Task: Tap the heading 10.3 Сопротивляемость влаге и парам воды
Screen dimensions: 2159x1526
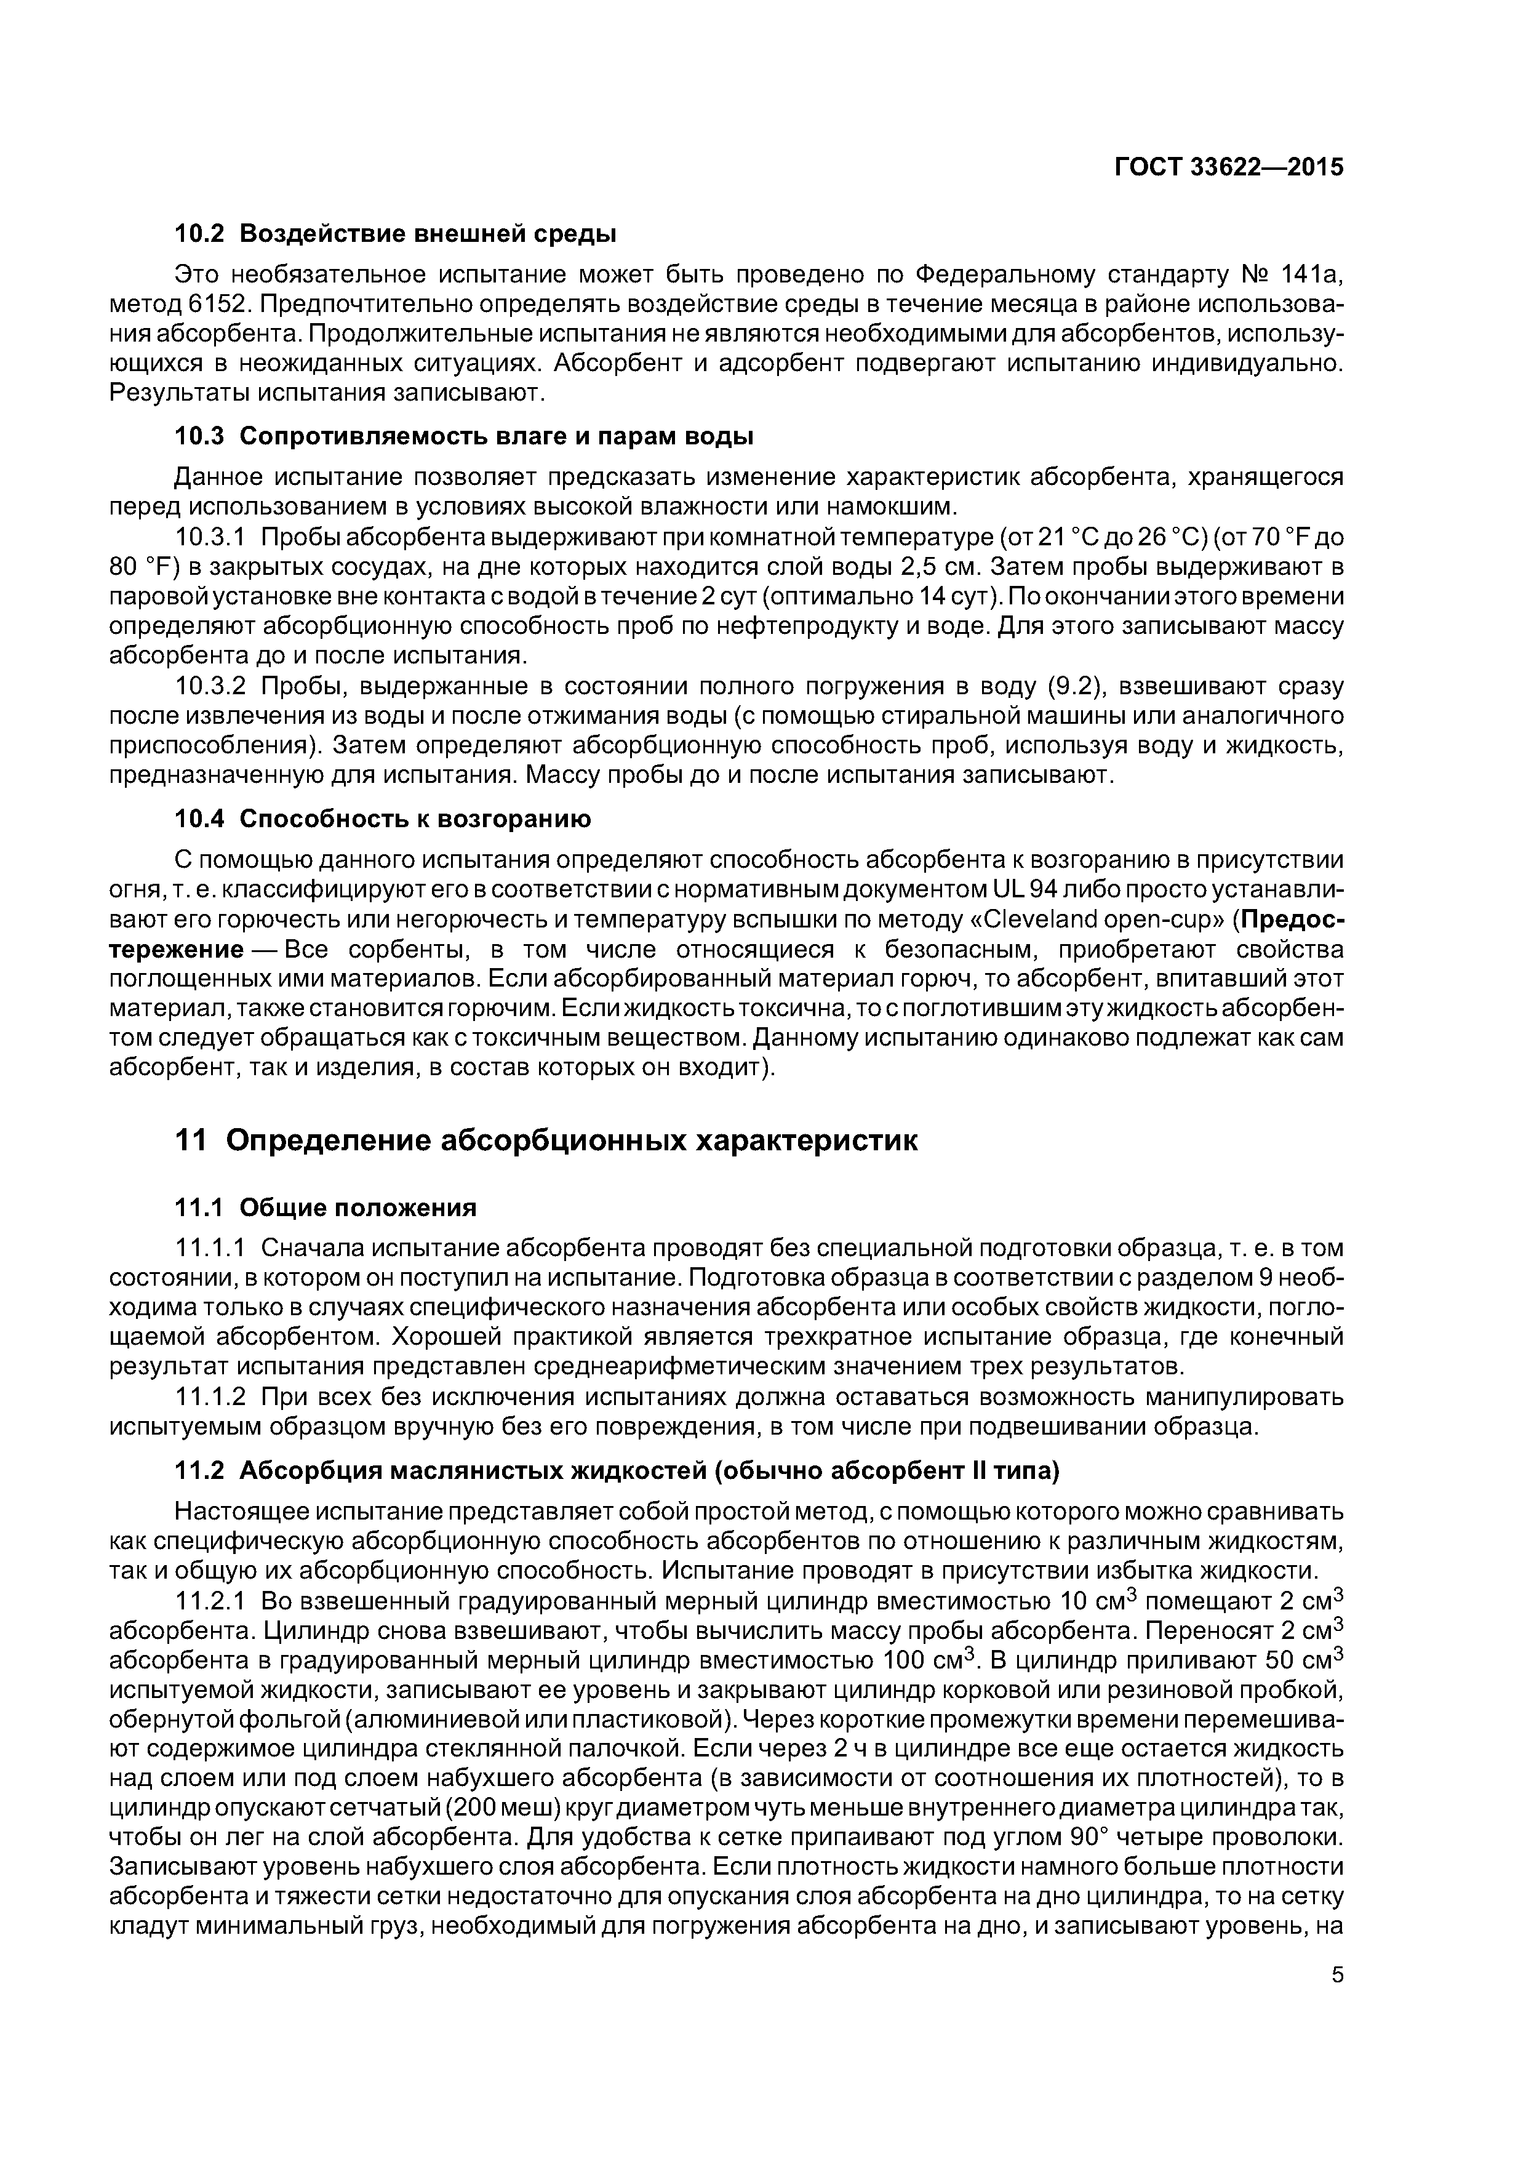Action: [x=465, y=436]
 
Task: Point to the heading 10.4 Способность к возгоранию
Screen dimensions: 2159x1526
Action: [x=383, y=819]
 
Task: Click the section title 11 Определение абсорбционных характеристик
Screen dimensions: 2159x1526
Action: [x=546, y=1140]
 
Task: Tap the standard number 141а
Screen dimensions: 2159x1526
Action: [x=1312, y=274]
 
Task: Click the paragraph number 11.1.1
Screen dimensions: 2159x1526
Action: [x=210, y=1248]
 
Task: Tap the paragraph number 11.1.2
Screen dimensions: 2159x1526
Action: [x=210, y=1396]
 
